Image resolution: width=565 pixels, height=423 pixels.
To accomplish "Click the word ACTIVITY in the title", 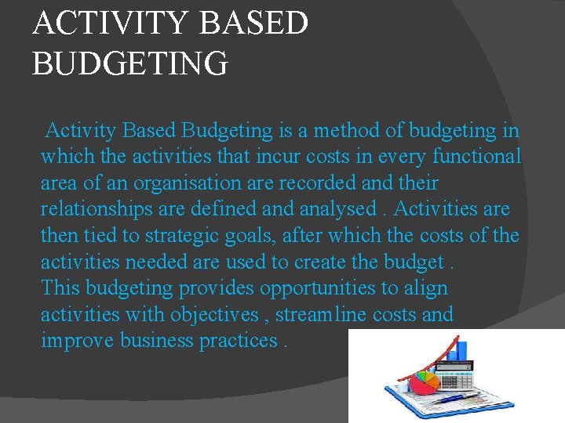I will [x=111, y=23].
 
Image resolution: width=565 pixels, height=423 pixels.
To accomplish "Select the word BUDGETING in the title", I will [x=130, y=63].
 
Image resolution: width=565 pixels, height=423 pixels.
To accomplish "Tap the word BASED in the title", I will [x=254, y=23].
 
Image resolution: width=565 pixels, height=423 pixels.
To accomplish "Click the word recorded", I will [x=321, y=183].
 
